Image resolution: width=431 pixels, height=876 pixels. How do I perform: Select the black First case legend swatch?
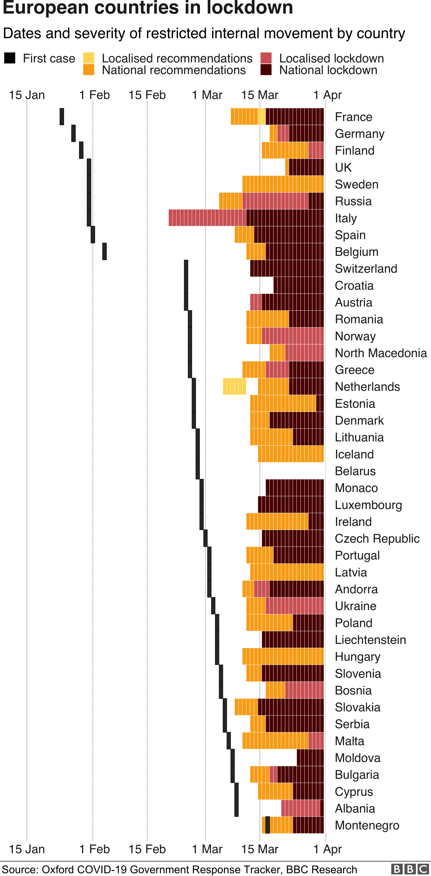(10, 58)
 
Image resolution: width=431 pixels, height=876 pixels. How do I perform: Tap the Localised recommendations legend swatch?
(89, 58)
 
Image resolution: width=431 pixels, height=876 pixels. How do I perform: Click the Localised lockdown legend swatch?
(266, 58)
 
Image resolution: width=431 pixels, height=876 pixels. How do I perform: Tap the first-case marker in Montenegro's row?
(268, 825)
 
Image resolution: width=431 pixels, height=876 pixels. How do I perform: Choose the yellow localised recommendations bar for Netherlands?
(235, 386)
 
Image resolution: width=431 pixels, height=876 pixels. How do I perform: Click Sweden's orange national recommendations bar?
(283, 184)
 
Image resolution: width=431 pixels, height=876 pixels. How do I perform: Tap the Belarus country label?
(355, 471)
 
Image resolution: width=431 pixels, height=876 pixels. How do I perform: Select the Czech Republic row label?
(377, 538)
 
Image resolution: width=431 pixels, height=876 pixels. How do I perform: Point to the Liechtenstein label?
(370, 640)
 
